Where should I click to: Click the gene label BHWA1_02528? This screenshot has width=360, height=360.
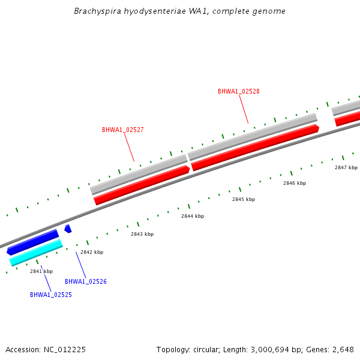[238, 91]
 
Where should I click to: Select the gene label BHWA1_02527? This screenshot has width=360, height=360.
[122, 130]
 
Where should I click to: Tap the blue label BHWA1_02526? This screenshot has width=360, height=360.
[85, 281]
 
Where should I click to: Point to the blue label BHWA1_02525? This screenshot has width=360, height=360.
[51, 295]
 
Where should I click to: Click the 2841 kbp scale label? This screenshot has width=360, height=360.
[41, 271]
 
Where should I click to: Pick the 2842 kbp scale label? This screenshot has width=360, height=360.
[92, 252]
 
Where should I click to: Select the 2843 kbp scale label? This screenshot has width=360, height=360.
[142, 234]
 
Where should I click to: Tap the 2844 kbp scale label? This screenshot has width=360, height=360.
[193, 216]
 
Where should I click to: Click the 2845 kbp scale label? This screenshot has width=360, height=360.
[244, 199]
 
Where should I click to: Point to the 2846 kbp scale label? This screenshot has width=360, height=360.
[295, 183]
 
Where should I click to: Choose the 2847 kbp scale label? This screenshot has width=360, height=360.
[346, 167]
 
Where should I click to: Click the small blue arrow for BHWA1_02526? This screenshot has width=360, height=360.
[68, 229]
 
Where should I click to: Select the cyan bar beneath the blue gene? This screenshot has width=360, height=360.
[36, 253]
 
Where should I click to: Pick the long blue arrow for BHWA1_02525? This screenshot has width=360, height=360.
[33, 242]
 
